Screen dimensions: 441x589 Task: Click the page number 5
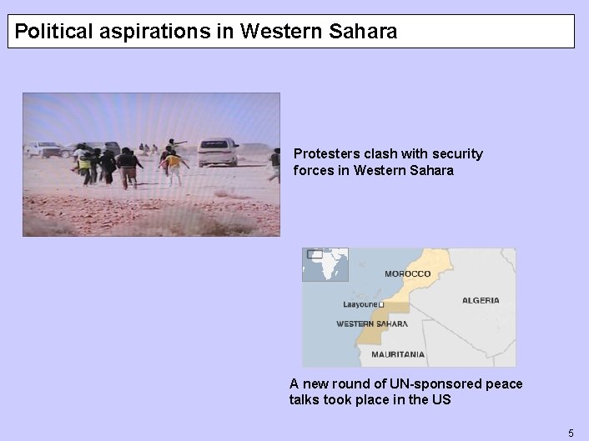click(x=571, y=433)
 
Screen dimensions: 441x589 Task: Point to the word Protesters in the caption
click(x=325, y=154)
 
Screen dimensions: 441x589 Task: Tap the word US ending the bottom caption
click(x=441, y=399)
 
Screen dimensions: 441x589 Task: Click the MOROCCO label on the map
click(x=407, y=273)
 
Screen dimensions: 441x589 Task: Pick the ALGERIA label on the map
click(x=481, y=300)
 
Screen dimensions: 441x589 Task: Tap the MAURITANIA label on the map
click(x=397, y=354)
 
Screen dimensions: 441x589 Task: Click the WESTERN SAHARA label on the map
click(x=372, y=323)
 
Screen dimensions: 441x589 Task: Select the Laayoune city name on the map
click(x=360, y=305)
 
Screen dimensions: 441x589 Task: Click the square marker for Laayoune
click(x=381, y=305)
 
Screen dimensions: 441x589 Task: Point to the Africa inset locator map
click(x=325, y=265)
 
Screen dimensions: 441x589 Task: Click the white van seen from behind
click(x=217, y=152)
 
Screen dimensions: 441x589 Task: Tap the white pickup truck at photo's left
click(x=46, y=149)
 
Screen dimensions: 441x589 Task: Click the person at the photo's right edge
click(x=274, y=164)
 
